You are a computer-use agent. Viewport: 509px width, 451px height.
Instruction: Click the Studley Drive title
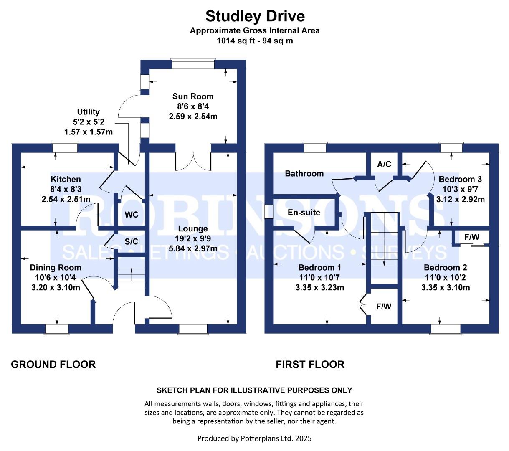point(255,16)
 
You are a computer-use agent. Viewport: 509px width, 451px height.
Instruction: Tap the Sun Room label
point(193,96)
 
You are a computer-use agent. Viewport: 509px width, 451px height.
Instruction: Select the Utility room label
point(88,111)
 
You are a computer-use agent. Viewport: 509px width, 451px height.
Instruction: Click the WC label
point(132,215)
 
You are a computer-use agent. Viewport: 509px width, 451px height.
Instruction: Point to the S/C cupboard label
point(132,241)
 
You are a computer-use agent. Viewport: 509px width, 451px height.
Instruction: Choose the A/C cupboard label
point(384,164)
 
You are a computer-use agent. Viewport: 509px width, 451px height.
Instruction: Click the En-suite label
point(304,213)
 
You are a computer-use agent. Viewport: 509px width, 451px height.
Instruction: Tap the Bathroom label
point(304,174)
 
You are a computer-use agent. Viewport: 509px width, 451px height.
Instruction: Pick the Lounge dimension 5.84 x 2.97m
point(193,248)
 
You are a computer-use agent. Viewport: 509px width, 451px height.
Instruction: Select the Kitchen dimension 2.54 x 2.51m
point(66,199)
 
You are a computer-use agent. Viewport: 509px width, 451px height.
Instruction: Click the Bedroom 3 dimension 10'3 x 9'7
point(460,189)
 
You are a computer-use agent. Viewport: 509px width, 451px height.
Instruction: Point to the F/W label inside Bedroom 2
point(472,237)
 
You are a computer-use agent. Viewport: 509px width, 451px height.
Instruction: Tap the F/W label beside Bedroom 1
point(384,307)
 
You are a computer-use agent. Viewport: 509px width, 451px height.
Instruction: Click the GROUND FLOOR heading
point(53,365)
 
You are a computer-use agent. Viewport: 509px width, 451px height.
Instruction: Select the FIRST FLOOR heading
point(310,365)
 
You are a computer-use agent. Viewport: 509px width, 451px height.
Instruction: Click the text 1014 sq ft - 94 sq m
point(255,41)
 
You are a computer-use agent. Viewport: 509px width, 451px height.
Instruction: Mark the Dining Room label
point(56,268)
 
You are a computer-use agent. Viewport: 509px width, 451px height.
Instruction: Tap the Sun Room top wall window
point(193,64)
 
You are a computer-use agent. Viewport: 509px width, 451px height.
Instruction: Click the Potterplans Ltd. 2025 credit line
point(254,438)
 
